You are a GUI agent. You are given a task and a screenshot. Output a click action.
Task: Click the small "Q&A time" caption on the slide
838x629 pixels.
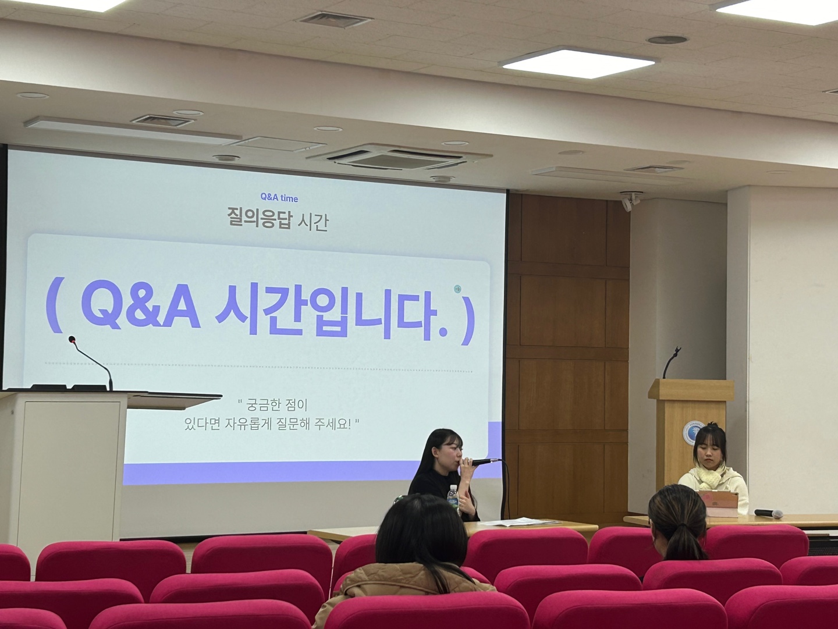[279, 198]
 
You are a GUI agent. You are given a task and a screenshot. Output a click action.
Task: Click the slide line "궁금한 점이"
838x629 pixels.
[272, 404]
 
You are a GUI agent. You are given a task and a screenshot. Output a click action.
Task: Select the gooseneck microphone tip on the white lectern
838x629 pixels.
[72, 339]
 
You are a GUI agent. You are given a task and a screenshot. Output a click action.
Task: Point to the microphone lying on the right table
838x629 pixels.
[769, 514]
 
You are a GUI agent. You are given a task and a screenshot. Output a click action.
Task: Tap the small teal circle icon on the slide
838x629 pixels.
[457, 289]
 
